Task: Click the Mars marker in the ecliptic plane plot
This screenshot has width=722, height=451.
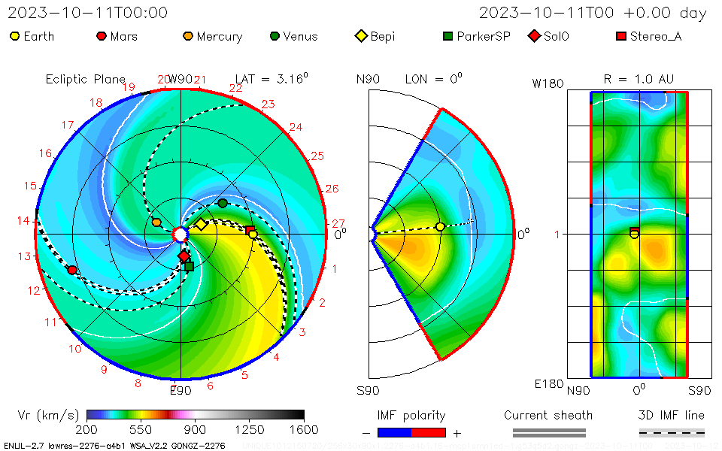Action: (72, 270)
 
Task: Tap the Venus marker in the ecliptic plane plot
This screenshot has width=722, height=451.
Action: (223, 203)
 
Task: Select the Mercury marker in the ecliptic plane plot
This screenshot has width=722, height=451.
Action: (156, 222)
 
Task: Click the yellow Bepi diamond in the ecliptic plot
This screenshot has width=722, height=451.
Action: (202, 224)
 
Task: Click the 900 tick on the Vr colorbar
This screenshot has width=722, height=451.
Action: (196, 430)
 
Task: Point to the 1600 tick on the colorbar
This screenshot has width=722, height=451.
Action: (304, 430)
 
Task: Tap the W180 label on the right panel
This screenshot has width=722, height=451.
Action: (548, 83)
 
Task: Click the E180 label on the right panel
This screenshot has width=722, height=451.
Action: (548, 384)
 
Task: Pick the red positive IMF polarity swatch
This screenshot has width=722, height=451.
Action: (429, 432)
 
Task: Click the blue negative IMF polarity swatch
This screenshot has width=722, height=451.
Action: (394, 432)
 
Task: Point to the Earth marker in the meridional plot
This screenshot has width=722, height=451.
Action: (440, 227)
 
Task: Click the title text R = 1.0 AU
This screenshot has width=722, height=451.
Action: (639, 79)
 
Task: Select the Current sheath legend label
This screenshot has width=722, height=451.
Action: (548, 415)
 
